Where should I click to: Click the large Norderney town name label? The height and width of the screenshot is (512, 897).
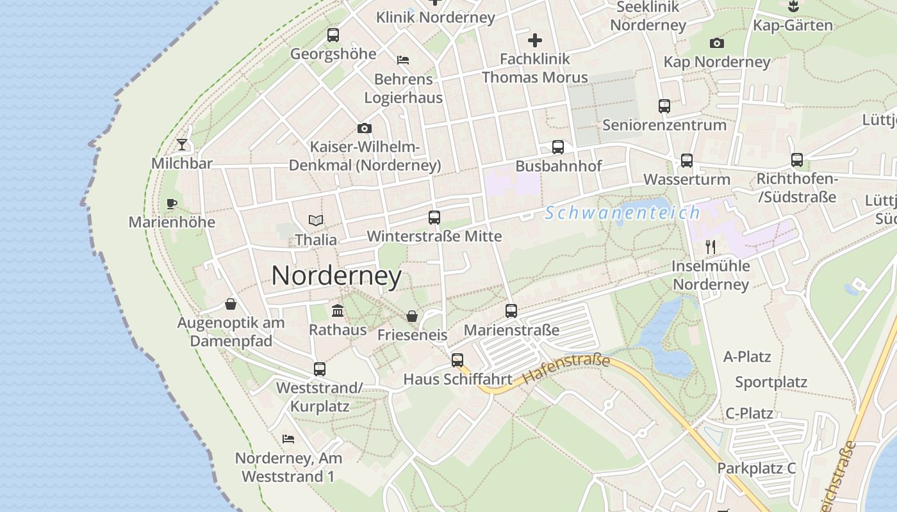336,276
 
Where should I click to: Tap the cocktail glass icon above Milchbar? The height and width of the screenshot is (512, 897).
182,145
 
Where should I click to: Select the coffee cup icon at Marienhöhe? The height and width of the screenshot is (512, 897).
172,204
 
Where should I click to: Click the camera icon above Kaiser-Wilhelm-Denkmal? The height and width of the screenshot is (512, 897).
365,129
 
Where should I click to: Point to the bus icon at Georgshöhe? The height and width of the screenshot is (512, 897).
333,35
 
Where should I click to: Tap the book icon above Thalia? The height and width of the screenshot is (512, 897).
315,221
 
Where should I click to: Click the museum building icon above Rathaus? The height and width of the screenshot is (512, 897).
338,311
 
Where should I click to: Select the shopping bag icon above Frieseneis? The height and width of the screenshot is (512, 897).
412,316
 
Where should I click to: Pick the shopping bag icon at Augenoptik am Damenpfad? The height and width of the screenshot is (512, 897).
231,304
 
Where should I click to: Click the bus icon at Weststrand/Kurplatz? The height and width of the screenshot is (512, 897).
319,369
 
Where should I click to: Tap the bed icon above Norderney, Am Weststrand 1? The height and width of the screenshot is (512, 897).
288,439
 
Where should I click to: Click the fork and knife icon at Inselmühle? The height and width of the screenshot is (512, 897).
710,247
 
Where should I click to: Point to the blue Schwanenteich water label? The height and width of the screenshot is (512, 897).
622,213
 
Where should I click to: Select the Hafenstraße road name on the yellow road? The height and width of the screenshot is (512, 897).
566,369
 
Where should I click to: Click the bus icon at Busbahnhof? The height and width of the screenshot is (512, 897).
558,147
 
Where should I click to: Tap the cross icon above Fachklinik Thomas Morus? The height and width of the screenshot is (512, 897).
535,40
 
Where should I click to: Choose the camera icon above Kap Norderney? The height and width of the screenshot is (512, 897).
717,44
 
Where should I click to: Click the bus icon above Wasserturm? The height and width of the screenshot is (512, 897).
687,161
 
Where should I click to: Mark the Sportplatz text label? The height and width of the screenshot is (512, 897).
771,382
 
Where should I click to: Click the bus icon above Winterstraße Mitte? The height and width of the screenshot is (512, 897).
434,218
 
